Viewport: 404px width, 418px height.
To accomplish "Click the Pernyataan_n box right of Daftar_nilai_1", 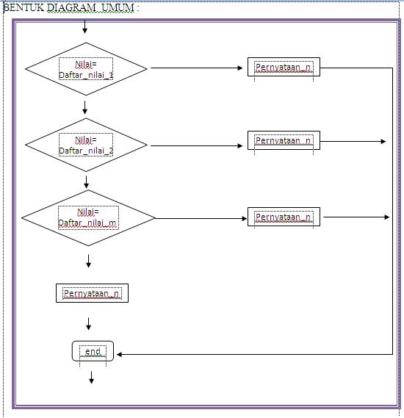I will (x=284, y=68).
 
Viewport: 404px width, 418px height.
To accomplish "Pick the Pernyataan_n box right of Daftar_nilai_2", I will (x=284, y=140).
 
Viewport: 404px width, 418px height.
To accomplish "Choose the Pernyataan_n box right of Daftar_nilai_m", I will (x=284, y=217).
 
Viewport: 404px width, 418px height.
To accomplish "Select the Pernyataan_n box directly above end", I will (x=92, y=294).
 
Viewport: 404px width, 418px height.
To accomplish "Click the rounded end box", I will (x=93, y=352).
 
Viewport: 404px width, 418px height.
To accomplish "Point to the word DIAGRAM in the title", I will (x=66, y=7).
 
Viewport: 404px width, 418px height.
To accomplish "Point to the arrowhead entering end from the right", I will (x=120, y=354).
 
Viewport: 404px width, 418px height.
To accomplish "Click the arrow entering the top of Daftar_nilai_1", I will (x=85, y=26).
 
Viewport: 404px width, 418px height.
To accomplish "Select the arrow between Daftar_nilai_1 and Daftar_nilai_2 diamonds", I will (x=85, y=107).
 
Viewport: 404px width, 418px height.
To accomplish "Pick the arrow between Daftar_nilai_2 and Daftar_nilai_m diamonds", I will (x=87, y=181).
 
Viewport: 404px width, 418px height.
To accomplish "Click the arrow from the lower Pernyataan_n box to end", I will (x=89, y=323).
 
